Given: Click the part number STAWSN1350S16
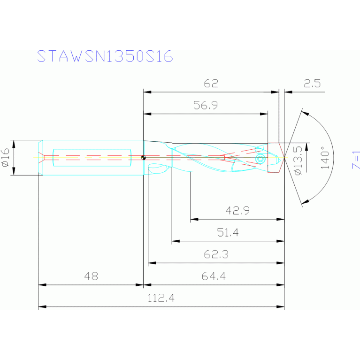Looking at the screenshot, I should [x=105, y=56].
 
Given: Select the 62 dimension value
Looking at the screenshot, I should [x=211, y=84].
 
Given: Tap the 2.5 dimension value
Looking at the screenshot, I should [x=312, y=84].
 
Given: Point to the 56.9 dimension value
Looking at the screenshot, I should [x=206, y=106].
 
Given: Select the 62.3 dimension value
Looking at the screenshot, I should [x=216, y=254].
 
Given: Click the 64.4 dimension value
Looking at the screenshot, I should [x=214, y=276].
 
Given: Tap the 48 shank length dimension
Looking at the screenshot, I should [x=91, y=276].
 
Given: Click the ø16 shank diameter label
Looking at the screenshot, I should [x=6, y=158].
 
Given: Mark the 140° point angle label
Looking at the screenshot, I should [x=324, y=158].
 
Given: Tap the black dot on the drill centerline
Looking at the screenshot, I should [x=144, y=158].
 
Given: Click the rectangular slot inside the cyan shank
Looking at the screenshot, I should [x=92, y=158].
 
